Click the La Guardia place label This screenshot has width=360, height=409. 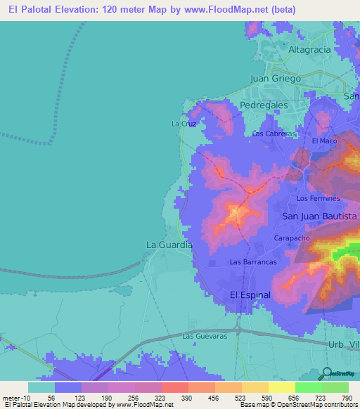point(169,245)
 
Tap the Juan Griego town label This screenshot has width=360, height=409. point(276,79)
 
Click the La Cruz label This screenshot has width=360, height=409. point(183,123)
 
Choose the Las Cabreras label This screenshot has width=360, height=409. point(274,134)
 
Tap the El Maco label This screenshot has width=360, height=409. point(324,141)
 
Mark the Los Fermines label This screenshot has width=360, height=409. point(319,199)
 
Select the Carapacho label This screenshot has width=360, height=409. point(292,239)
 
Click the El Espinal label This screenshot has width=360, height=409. point(250,295)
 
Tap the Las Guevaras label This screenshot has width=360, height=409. point(202,337)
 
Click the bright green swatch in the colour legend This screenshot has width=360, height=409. point(308,387)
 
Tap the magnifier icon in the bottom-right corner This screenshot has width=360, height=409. point(328,372)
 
